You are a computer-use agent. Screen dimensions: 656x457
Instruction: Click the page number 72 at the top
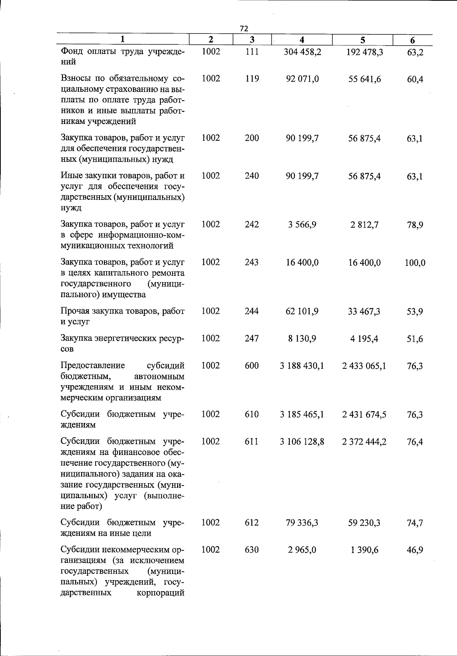(244, 29)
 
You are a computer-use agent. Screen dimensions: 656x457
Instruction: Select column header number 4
(302, 40)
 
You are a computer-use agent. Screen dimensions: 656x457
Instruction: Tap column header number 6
(412, 40)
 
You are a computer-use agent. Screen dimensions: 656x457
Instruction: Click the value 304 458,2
(302, 51)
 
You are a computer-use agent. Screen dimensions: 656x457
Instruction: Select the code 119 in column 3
(252, 79)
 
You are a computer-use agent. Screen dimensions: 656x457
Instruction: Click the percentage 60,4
(415, 79)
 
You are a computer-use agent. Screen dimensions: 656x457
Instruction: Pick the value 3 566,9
(302, 225)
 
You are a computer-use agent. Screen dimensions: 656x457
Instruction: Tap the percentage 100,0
(415, 263)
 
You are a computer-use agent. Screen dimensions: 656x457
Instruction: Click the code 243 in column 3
(252, 262)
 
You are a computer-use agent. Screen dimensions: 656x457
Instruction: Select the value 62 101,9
(302, 311)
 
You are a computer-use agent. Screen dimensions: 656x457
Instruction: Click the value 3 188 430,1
(302, 366)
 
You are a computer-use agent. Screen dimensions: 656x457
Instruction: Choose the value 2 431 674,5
(364, 415)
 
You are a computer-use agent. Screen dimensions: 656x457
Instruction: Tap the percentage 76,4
(415, 442)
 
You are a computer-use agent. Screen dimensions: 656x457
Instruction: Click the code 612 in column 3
(252, 523)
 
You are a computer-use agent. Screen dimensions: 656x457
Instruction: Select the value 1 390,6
(364, 550)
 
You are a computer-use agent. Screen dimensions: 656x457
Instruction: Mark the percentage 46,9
(415, 550)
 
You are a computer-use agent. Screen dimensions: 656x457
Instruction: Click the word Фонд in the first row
(72, 51)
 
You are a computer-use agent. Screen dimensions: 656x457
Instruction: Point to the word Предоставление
(93, 366)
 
